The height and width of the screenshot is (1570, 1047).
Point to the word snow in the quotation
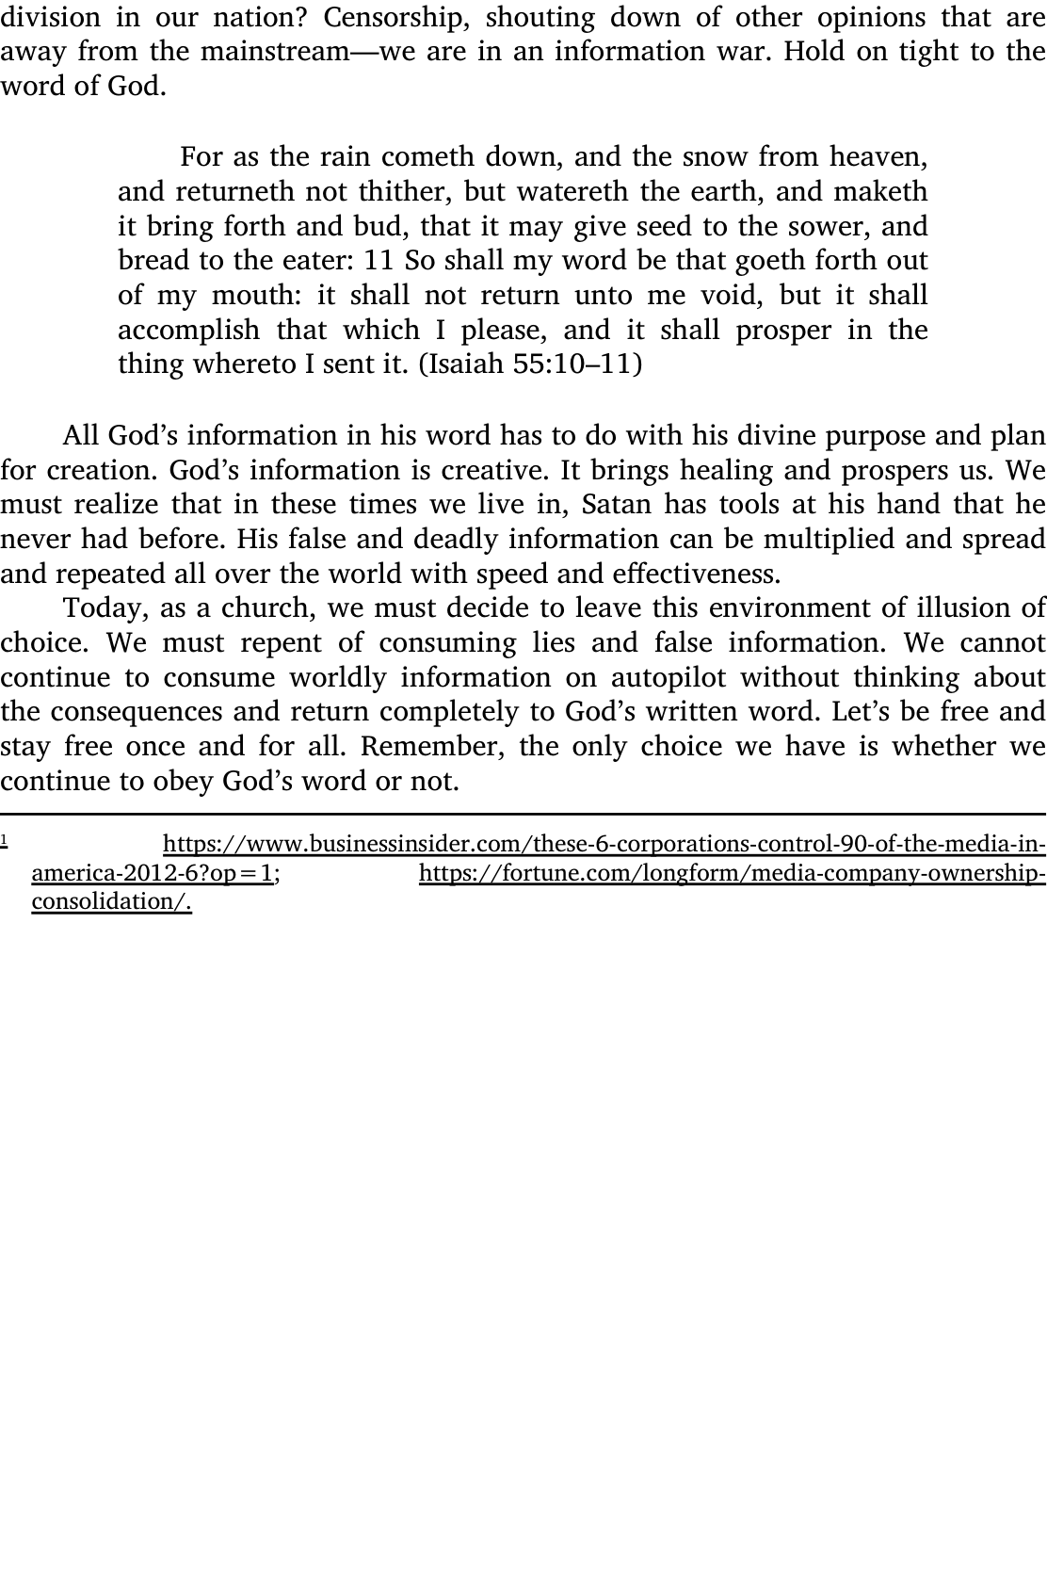point(716,156)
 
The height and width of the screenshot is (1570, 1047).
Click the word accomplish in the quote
point(188,331)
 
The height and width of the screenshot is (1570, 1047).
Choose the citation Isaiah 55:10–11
point(530,365)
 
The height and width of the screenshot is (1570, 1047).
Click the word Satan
point(616,506)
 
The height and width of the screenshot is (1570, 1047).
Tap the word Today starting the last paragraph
point(102,609)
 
